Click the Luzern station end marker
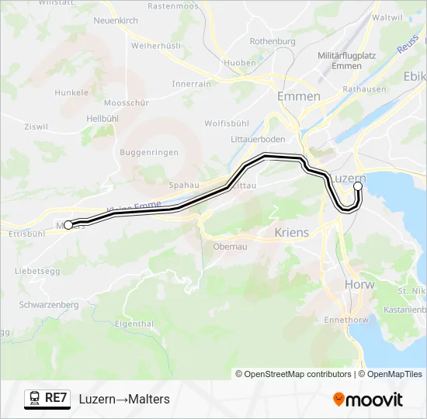click(x=358, y=186)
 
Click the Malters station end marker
click(x=68, y=225)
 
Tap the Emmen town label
click(x=299, y=96)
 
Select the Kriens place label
click(x=292, y=232)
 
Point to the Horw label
click(x=359, y=285)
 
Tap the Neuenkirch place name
click(x=115, y=20)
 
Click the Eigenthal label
click(x=133, y=324)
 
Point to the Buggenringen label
click(x=149, y=153)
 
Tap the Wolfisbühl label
click(x=227, y=123)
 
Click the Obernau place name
click(x=230, y=246)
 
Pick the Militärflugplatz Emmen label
click(x=348, y=61)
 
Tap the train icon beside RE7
click(x=35, y=399)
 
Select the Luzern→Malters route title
click(x=124, y=399)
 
